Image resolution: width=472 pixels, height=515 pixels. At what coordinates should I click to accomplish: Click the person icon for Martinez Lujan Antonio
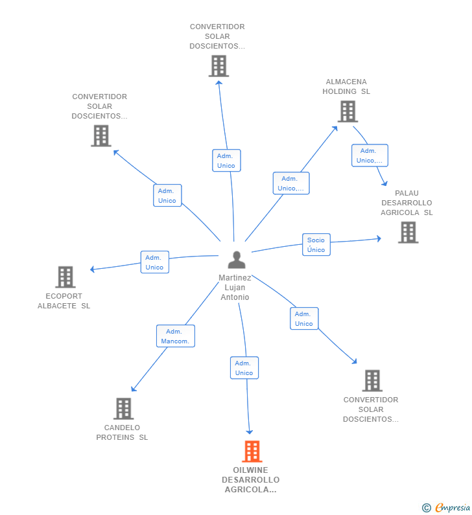237,260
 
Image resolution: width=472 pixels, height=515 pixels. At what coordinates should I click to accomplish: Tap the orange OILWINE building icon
252,452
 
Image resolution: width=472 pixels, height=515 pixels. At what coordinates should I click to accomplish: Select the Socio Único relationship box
316,245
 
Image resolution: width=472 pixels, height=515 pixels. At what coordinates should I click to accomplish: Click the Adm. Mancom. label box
176,336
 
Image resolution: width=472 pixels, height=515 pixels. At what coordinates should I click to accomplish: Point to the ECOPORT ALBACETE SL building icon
65,277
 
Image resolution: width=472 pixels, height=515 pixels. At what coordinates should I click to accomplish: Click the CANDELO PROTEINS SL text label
122,432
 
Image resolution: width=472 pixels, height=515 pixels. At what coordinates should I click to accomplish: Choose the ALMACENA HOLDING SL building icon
348,111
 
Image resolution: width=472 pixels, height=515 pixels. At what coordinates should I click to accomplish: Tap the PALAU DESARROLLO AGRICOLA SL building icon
408,232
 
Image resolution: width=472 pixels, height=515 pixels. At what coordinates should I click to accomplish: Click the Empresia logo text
453,507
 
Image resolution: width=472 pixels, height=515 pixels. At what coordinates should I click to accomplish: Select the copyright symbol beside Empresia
427,508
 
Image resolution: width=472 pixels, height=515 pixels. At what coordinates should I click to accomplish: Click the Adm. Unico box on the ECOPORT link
155,262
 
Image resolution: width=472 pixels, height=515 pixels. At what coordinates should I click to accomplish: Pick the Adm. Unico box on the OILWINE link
244,368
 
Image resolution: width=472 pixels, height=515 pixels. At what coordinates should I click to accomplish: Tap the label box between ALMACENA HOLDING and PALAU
370,155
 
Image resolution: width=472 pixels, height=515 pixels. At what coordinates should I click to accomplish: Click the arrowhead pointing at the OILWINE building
250,432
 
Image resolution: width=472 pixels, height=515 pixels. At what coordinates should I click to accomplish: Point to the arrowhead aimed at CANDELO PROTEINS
133,389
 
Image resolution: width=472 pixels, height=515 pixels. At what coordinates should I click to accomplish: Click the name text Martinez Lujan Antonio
235,288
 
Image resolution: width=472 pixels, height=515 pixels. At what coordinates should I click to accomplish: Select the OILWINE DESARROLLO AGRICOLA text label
251,480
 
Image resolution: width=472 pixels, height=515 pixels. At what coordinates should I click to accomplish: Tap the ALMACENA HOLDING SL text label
346,86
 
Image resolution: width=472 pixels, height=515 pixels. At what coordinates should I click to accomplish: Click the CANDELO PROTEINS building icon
124,409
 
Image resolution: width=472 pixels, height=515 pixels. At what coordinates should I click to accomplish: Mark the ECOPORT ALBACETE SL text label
64,301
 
